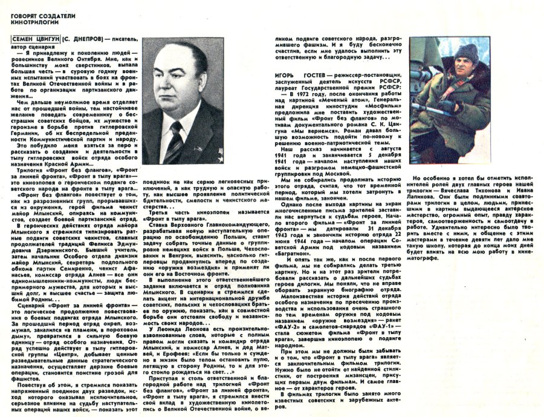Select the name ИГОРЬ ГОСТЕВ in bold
[292, 76]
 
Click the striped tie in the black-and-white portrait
[176, 142]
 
